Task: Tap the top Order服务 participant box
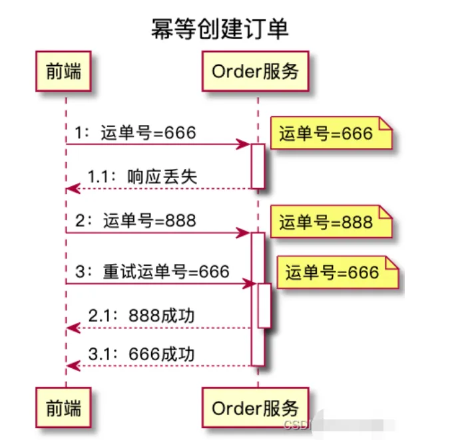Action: pos(255,72)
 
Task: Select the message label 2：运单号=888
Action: pos(136,221)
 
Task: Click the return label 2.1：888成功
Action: pos(142,316)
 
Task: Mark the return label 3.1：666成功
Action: pos(142,354)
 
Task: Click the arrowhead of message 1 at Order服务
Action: pos(246,144)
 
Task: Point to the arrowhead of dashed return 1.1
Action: pos(71,189)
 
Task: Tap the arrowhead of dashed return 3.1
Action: pos(71,366)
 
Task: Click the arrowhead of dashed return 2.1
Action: pos(71,328)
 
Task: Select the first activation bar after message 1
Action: pos(258,166)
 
